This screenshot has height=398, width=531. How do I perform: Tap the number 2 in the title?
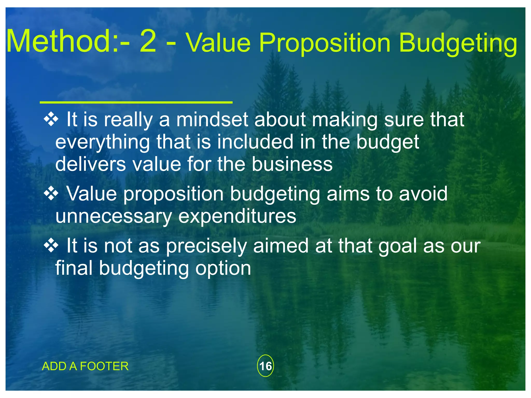pyautogui.click(x=148, y=41)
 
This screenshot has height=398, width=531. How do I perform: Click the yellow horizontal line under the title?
pyautogui.click(x=136, y=103)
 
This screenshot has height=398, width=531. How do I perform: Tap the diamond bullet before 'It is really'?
pyautogui.click(x=51, y=119)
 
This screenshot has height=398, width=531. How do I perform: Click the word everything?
pyautogui.click(x=102, y=143)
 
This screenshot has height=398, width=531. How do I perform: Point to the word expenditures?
pyautogui.click(x=237, y=216)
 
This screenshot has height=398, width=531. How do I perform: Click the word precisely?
pyautogui.click(x=206, y=246)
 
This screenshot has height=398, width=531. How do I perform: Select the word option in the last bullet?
pyautogui.click(x=223, y=269)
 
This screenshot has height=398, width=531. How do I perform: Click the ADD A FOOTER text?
pyautogui.click(x=85, y=366)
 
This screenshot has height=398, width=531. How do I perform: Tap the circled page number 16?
pyautogui.click(x=265, y=366)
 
